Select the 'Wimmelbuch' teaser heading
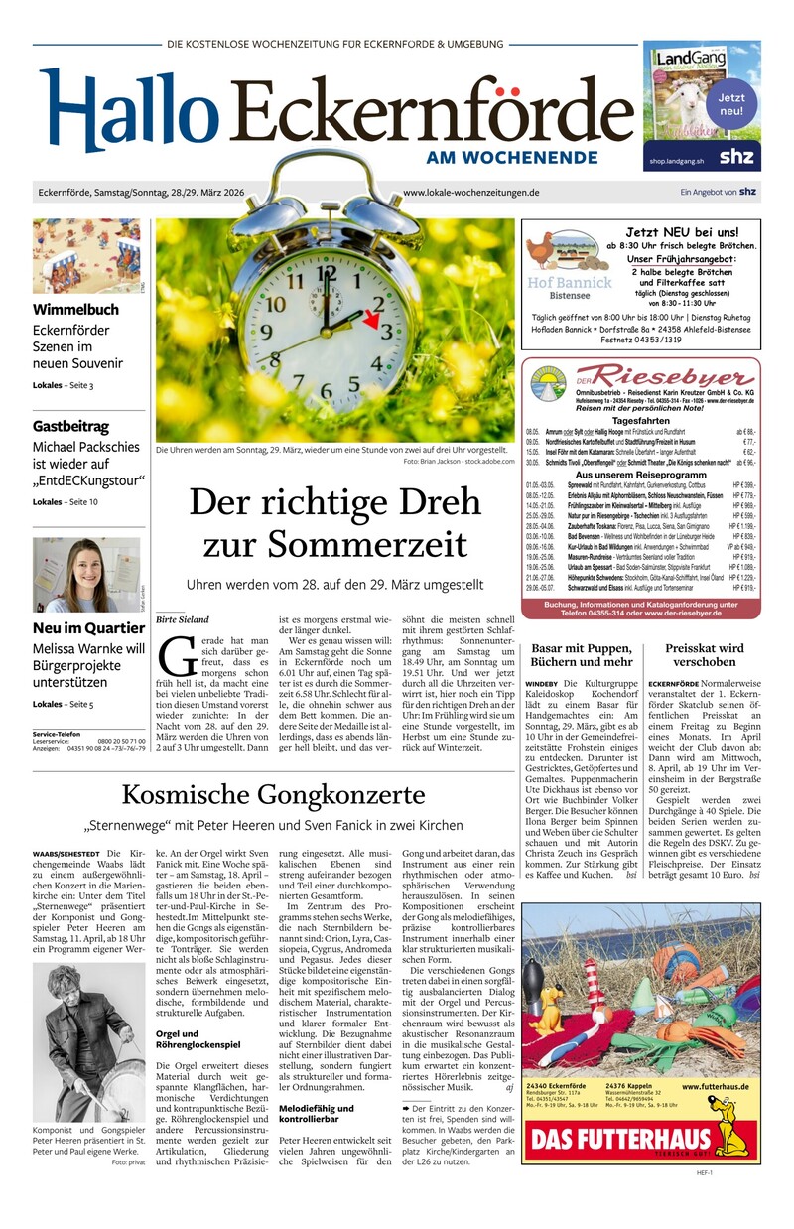click(75, 309)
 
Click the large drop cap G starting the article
click(177, 658)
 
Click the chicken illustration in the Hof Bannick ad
click(554, 253)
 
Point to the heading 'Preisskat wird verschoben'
click(705, 655)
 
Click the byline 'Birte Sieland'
click(183, 619)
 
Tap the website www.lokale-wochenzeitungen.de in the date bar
click(471, 193)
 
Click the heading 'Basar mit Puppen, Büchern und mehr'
click(582, 655)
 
